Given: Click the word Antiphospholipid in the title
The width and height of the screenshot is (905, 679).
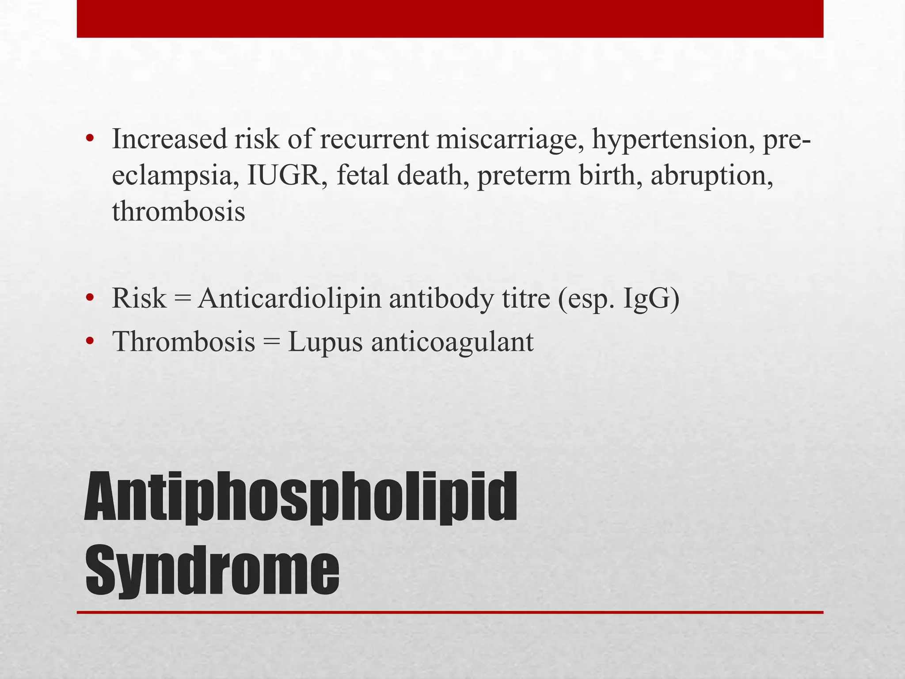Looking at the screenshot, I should [300, 497].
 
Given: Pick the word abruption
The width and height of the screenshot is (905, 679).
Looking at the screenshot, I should [711, 175].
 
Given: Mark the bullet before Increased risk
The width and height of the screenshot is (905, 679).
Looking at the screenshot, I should [90, 140].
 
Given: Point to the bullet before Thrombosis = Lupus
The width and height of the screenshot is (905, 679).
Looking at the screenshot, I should [90, 341].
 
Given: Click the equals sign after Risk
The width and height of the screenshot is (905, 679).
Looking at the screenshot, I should [182, 299].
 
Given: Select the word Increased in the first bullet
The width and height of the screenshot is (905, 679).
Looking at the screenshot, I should [170, 139].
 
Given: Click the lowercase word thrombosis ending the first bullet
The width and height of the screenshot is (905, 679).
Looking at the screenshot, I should [179, 211].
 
